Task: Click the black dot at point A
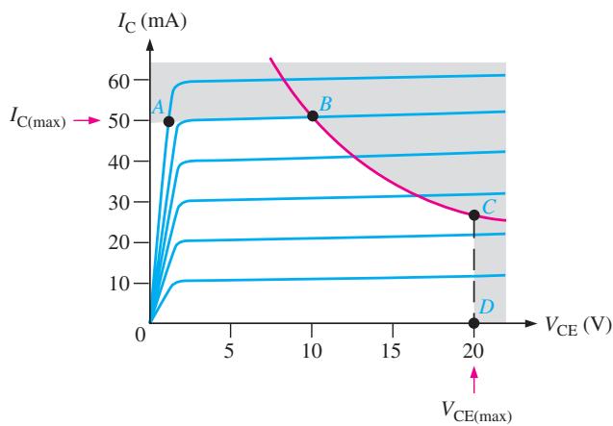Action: pyautogui.click(x=168, y=121)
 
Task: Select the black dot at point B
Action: pyautogui.click(x=313, y=115)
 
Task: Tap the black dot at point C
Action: pyautogui.click(x=473, y=215)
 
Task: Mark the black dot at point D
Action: pyautogui.click(x=473, y=323)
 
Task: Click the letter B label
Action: pyautogui.click(x=325, y=104)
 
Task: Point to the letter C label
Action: pyautogui.click(x=489, y=207)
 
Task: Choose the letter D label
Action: pyautogui.click(x=486, y=307)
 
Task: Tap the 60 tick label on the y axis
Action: pyautogui.click(x=118, y=82)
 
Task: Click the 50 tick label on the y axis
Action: pyautogui.click(x=118, y=121)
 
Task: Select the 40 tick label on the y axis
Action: pyautogui.click(x=118, y=162)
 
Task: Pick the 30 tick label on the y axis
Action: pyautogui.click(x=118, y=203)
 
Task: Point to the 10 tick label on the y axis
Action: pyautogui.click(x=118, y=284)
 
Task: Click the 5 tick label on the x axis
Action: pyautogui.click(x=229, y=351)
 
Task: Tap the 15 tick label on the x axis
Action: pyautogui.click(x=391, y=351)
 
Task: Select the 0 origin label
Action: pyautogui.click(x=140, y=335)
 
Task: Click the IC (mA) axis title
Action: pyautogui.click(x=152, y=22)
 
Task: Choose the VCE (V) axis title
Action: pyautogui.click(x=577, y=325)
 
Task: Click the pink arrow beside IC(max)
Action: pyautogui.click(x=88, y=120)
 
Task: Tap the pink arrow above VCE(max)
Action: pyautogui.click(x=474, y=380)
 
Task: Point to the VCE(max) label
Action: pyautogui.click(x=476, y=412)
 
